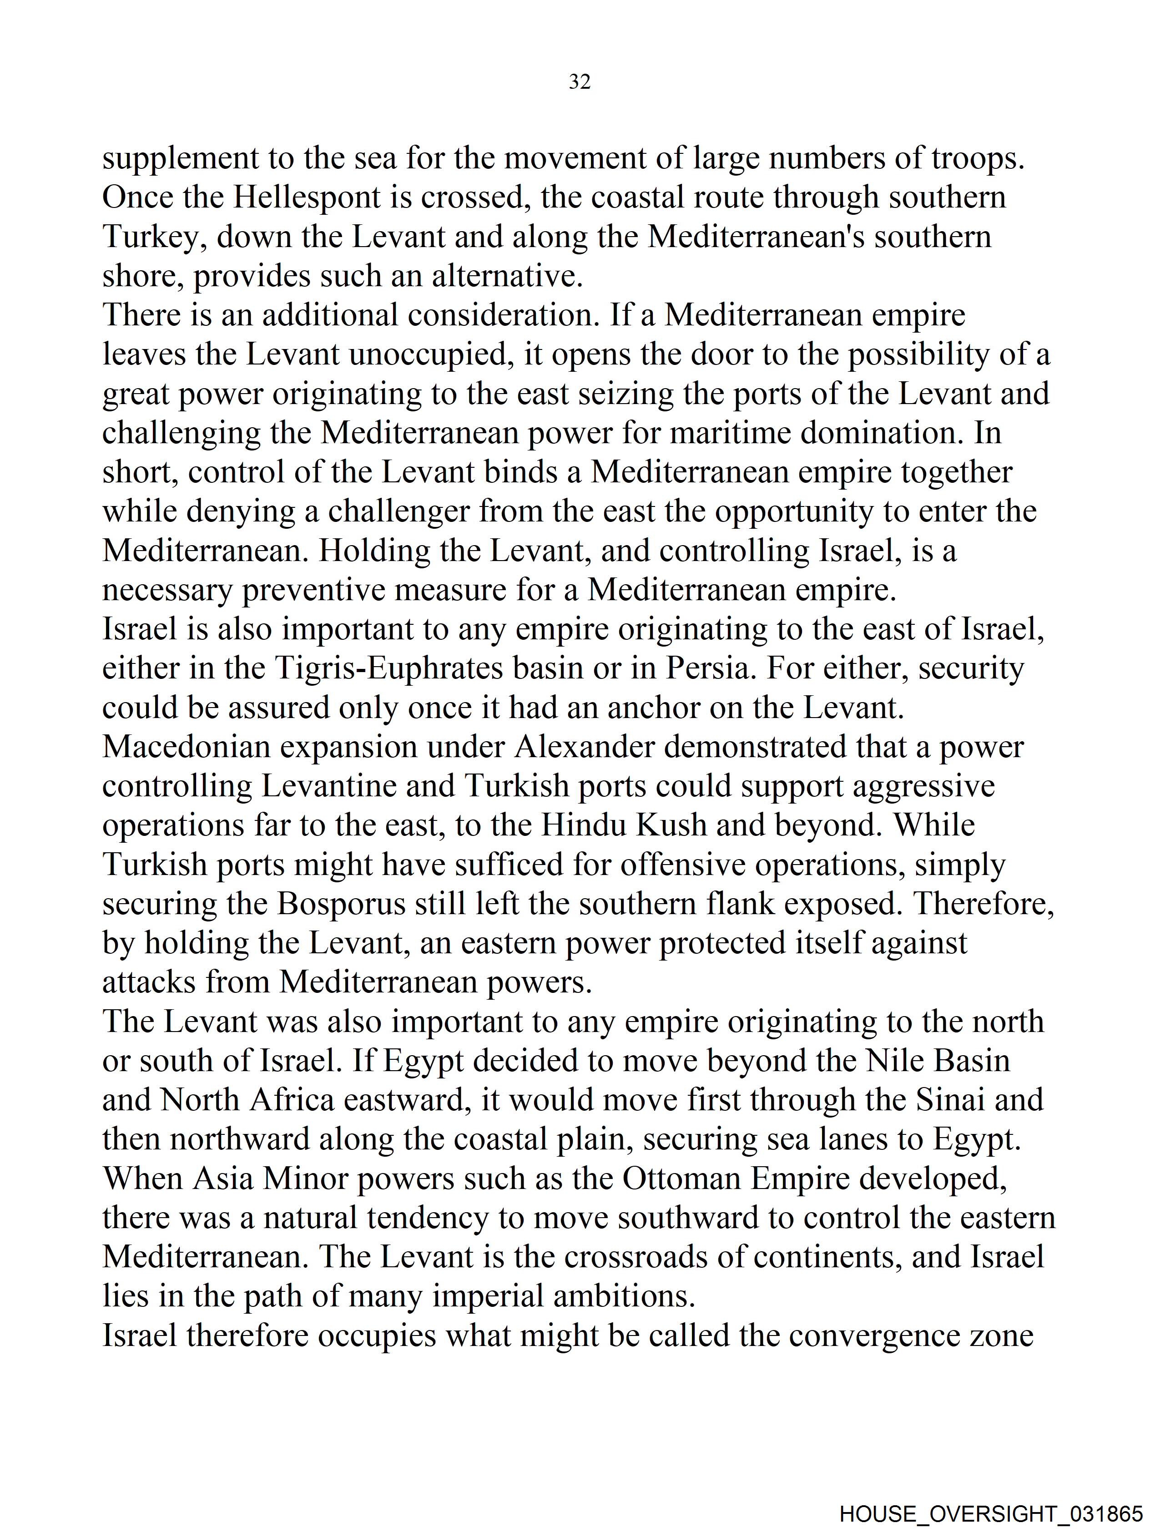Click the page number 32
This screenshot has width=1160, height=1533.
579,82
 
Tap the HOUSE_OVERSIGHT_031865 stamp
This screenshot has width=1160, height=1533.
990,1513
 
